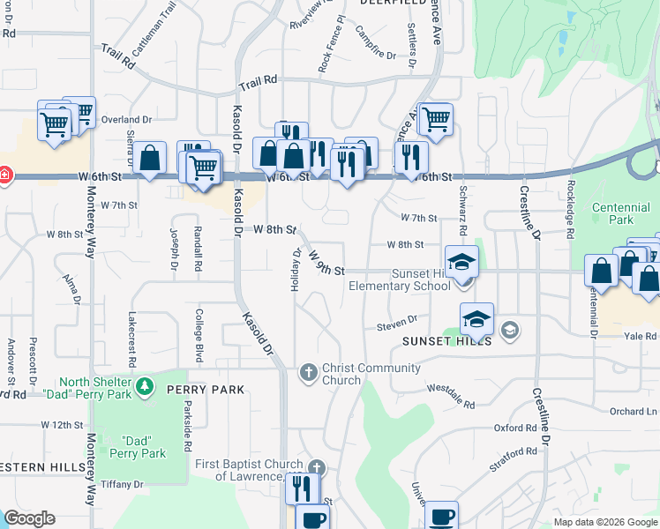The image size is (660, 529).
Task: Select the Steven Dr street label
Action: (396, 324)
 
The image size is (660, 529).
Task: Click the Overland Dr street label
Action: (127, 119)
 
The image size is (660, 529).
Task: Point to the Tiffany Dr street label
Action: (122, 484)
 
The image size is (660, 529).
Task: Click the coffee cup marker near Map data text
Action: (441, 515)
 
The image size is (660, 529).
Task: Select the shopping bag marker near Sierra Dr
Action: (151, 159)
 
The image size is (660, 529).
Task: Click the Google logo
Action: (29, 518)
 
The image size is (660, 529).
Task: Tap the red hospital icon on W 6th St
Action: (4, 174)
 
